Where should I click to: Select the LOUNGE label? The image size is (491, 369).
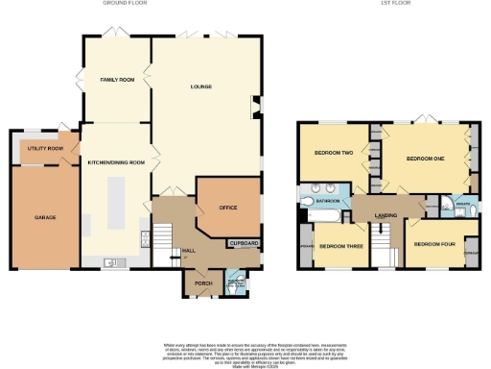pyautogui.click(x=200, y=87)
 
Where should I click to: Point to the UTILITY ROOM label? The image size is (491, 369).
pyautogui.click(x=44, y=149)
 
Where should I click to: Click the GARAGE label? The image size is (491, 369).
pyautogui.click(x=45, y=218)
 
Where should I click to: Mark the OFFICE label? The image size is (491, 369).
pyautogui.click(x=227, y=208)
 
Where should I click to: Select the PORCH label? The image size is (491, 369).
pyautogui.click(x=202, y=283)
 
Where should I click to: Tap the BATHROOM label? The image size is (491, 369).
pyautogui.click(x=332, y=200)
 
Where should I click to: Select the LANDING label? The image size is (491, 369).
pyautogui.click(x=386, y=215)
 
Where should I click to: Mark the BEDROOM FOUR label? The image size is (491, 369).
pyautogui.click(x=432, y=244)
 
